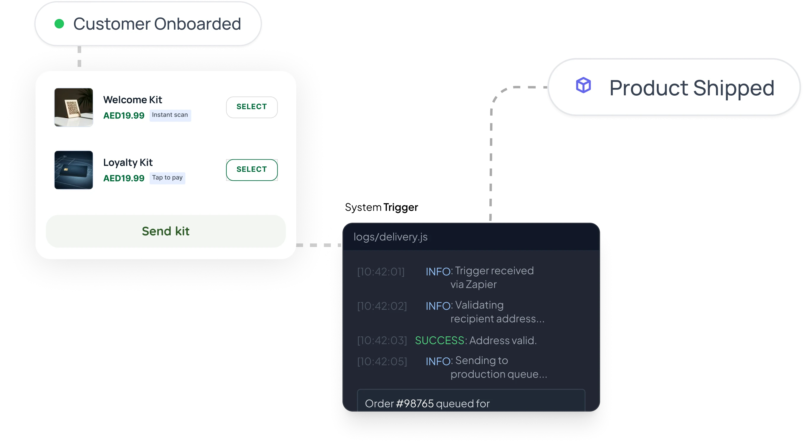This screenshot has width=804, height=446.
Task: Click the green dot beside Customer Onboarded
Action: click(x=59, y=24)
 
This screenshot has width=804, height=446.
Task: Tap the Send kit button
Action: click(x=166, y=231)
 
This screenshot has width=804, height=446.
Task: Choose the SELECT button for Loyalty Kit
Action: click(x=252, y=170)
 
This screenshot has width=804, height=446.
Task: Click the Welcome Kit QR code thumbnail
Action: click(x=74, y=108)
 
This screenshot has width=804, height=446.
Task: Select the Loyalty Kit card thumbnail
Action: click(x=74, y=170)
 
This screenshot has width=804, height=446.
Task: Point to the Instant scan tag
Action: click(x=170, y=115)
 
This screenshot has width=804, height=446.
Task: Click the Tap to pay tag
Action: click(x=167, y=178)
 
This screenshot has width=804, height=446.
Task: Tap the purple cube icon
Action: click(x=583, y=85)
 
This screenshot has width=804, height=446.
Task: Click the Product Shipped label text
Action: click(x=692, y=88)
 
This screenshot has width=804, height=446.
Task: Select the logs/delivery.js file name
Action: click(x=390, y=237)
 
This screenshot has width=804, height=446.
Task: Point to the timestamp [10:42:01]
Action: click(x=381, y=272)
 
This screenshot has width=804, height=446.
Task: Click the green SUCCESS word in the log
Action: click(x=440, y=340)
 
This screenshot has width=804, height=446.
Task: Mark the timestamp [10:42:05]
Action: click(x=382, y=361)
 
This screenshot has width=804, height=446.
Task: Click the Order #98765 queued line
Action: click(x=427, y=404)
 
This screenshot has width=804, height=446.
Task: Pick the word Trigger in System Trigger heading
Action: click(x=401, y=207)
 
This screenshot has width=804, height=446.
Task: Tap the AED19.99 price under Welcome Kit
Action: click(x=124, y=115)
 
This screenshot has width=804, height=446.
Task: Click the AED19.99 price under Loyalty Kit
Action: click(x=124, y=178)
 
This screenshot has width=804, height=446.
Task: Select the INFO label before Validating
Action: click(x=438, y=306)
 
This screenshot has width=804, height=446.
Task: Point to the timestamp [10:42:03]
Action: click(x=382, y=340)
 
